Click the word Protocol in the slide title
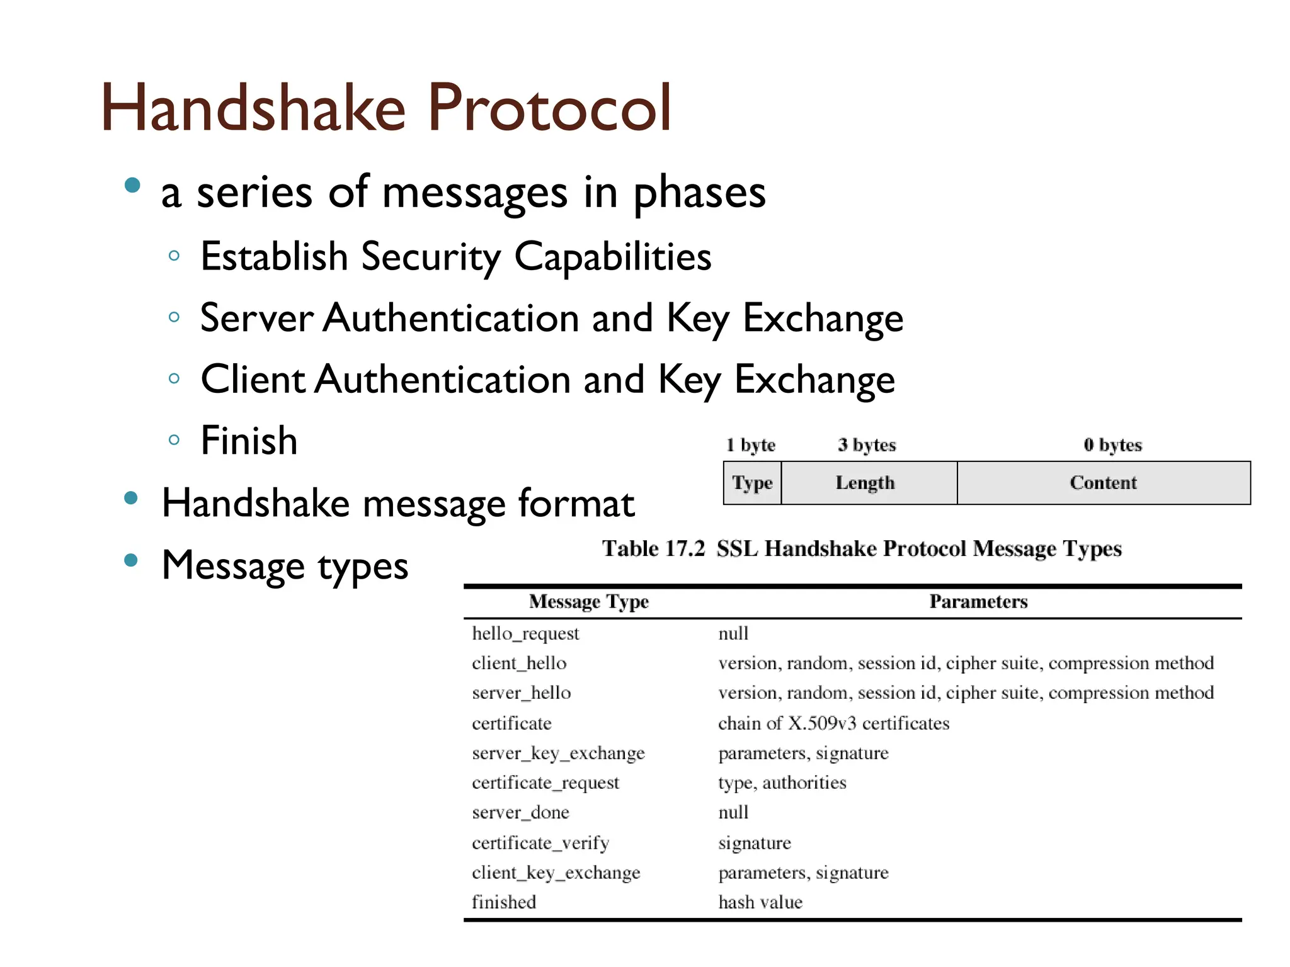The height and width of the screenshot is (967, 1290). tap(549, 108)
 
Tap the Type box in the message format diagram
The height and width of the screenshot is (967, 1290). tap(752, 483)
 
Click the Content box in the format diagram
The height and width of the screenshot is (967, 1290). tap(1103, 483)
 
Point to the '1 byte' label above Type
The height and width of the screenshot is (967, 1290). tap(750, 445)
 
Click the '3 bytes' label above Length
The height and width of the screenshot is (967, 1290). tap(867, 445)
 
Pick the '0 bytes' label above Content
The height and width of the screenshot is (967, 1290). tap(1112, 445)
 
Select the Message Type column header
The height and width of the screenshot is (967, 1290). tap(588, 602)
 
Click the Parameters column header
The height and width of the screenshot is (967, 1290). tap(978, 602)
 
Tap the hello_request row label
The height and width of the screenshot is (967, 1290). tap(525, 633)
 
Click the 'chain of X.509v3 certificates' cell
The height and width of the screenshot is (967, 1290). tap(833, 723)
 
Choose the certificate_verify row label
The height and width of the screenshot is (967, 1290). tap(540, 843)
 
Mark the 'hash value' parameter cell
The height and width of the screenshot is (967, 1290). tap(760, 902)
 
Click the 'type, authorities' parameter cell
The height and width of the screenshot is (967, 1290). tap(782, 783)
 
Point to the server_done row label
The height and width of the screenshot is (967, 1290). tap(520, 813)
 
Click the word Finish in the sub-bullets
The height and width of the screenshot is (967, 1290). tap(249, 441)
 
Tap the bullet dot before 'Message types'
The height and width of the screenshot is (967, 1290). tap(131, 560)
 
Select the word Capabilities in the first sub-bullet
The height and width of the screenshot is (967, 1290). tap(612, 257)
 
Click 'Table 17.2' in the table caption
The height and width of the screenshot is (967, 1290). tap(653, 548)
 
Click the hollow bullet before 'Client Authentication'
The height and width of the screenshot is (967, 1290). tap(174, 379)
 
